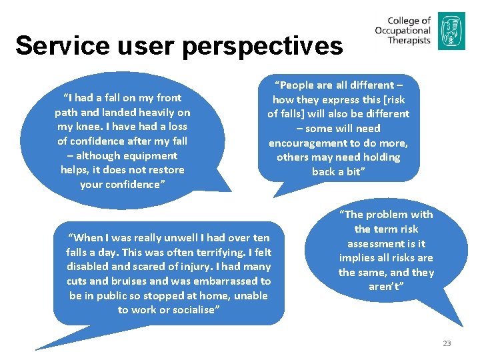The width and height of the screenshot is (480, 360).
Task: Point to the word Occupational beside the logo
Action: pos(403,31)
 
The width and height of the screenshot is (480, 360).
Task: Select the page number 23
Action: pos(447,343)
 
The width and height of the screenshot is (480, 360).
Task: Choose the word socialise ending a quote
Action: pos(190,310)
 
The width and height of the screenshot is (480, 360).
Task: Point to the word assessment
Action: pos(376,243)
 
